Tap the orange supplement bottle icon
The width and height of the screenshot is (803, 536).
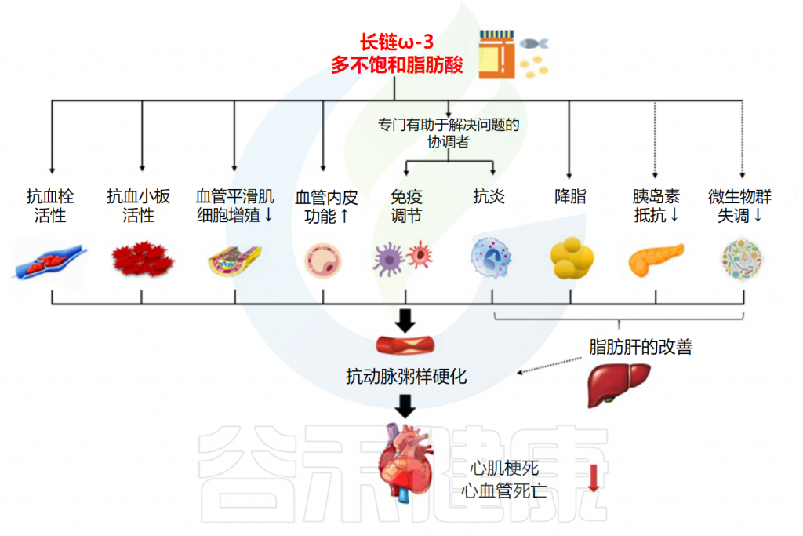[496, 54]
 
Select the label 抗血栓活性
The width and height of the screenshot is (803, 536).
[50, 205]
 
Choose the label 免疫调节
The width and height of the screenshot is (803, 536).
[405, 205]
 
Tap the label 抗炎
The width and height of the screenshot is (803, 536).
[489, 196]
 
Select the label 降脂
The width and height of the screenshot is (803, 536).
[570, 196]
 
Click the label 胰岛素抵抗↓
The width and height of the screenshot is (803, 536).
[656, 205]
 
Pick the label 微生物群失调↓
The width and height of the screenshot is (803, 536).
[740, 205]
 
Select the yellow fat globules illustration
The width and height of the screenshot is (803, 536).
[572, 260]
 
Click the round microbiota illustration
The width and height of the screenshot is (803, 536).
[742, 260]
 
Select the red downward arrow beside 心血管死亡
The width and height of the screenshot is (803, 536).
[593, 477]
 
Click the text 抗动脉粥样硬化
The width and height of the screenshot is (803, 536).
[406, 376]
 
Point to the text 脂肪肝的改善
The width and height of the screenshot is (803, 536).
[641, 346]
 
